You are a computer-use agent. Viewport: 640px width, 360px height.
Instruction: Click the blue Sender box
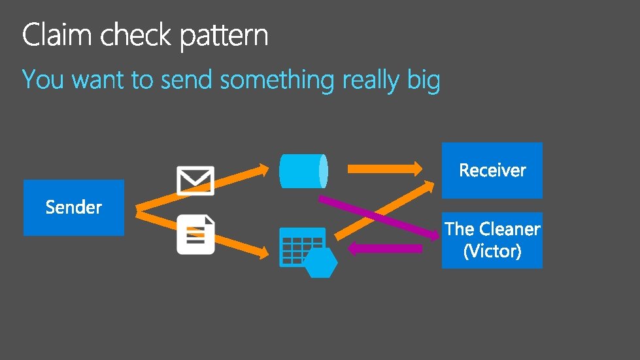[73, 208]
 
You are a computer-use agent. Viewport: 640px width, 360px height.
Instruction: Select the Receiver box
[492, 170]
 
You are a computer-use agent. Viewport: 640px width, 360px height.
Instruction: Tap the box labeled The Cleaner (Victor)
[492, 240]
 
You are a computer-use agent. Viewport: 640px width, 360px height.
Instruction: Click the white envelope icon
[195, 180]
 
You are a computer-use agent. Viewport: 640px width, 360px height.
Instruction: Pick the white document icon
[195, 235]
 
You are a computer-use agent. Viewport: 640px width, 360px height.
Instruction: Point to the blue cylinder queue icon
[303, 170]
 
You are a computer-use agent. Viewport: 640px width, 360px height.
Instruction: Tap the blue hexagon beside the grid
[321, 263]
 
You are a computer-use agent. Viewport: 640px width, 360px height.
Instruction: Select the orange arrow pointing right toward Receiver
[384, 169]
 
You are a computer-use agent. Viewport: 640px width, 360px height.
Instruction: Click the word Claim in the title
[57, 35]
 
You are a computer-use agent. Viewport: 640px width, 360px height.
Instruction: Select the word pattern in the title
[224, 37]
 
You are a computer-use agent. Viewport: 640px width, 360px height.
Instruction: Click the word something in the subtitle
[277, 81]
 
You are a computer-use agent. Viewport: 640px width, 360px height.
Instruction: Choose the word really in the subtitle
[370, 82]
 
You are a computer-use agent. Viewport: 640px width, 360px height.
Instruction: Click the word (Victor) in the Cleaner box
[492, 251]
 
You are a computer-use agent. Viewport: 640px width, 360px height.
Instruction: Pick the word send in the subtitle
[187, 80]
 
